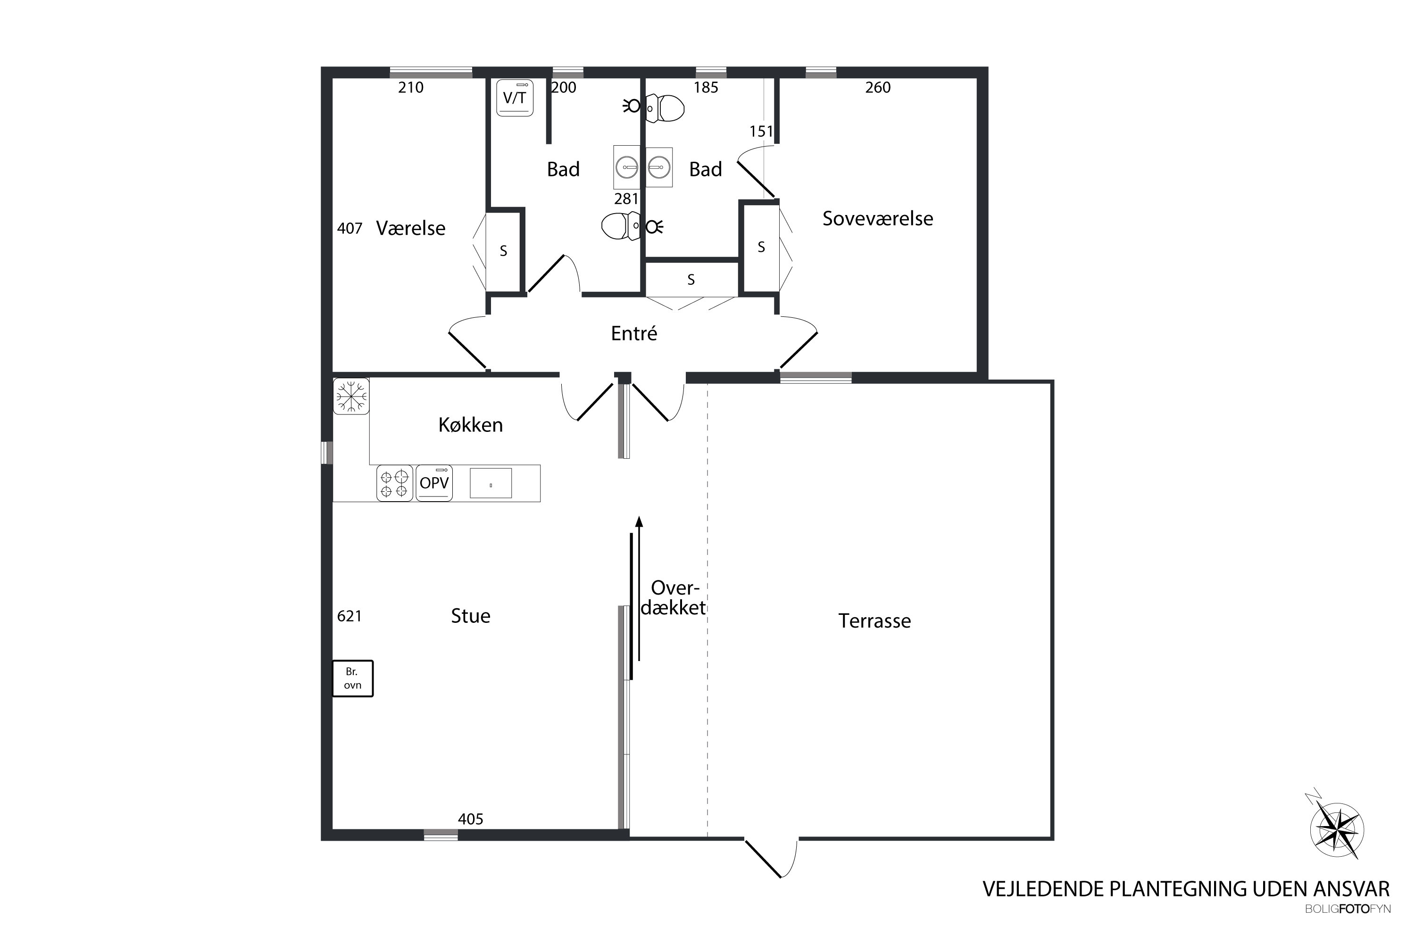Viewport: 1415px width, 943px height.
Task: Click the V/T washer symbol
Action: pos(515,98)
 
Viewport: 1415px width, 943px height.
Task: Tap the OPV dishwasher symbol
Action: pos(434,483)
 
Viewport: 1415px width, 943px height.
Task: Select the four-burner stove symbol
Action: pos(395,483)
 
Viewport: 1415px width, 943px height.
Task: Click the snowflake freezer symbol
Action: pos(351,396)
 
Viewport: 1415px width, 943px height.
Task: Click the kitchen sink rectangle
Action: pos(491,483)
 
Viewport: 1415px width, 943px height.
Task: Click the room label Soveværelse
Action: pos(878,218)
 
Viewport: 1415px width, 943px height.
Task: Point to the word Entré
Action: pos(634,333)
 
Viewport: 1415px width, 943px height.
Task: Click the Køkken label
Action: pos(470,425)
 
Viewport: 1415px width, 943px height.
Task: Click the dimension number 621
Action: pos(350,616)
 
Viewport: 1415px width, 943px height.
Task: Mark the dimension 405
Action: pos(470,819)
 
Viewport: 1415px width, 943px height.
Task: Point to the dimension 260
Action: pos(878,88)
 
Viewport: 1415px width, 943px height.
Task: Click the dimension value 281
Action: pos(626,199)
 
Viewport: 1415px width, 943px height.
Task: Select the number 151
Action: pos(761,132)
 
